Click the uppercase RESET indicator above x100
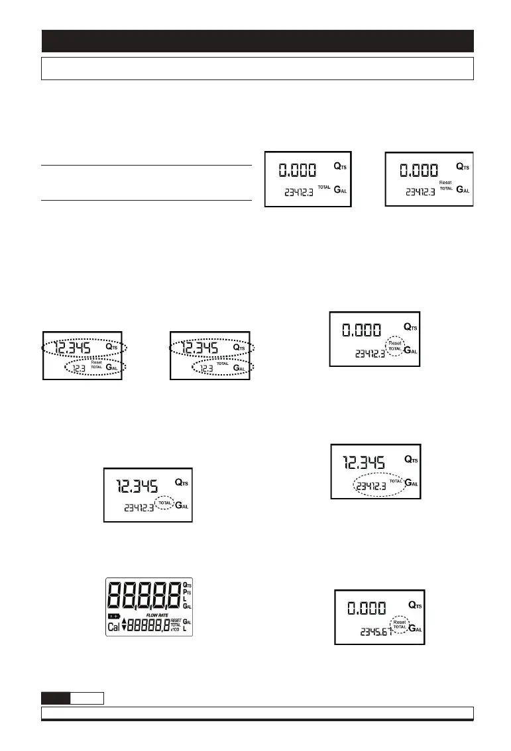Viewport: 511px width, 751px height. (175, 620)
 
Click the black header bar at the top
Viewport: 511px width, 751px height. (257, 41)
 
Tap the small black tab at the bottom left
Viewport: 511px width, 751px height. (56, 697)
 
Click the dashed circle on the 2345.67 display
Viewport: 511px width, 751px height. (399, 625)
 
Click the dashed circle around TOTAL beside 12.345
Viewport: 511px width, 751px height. (166, 503)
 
